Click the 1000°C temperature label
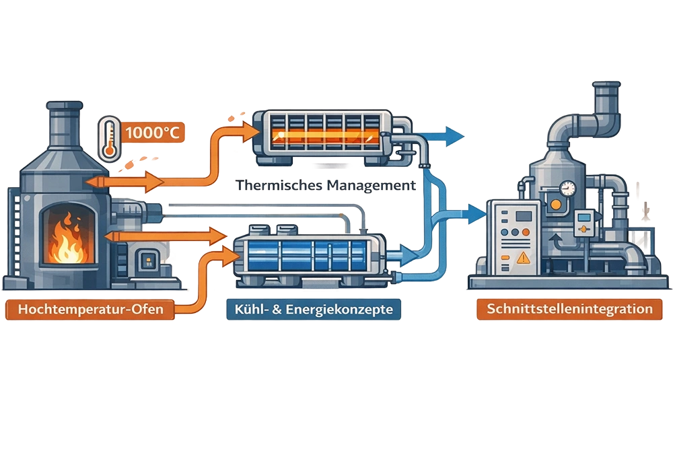coord(153,133)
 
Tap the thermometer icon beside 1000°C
coord(108,139)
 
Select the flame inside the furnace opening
coord(66,242)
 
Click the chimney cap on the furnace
coord(65,107)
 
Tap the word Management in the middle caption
coord(369,184)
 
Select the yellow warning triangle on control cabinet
coord(522,256)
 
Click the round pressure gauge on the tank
coord(568,187)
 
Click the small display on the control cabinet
coord(524,217)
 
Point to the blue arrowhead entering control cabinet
coord(479,213)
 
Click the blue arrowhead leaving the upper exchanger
coord(458,136)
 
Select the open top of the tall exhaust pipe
coord(608,87)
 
